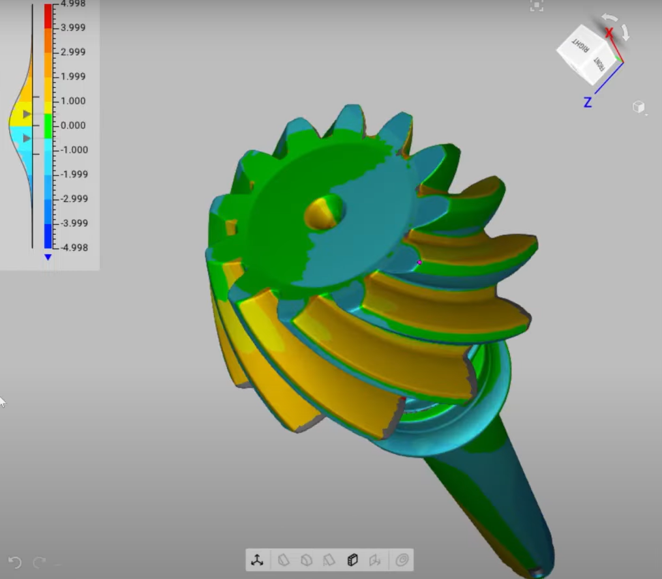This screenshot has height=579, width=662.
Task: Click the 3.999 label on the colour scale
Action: coord(72,27)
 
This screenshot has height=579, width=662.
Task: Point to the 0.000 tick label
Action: coord(72,125)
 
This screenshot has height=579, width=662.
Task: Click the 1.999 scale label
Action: coord(72,76)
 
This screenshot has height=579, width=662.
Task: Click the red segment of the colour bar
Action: coord(48,16)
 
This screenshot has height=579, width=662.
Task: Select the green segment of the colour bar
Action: coord(48,125)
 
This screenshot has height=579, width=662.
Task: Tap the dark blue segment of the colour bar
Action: coord(48,235)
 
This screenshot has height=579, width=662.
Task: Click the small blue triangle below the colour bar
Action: coord(48,258)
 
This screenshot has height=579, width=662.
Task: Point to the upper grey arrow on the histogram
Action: coord(27,114)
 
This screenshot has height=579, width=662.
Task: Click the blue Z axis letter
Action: coord(588,102)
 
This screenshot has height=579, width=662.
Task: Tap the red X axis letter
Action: coord(609,33)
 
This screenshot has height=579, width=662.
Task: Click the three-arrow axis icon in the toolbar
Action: coord(258,560)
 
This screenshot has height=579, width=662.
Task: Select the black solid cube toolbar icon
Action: coord(352,560)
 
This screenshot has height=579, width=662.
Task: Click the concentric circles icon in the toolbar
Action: coord(402,560)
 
